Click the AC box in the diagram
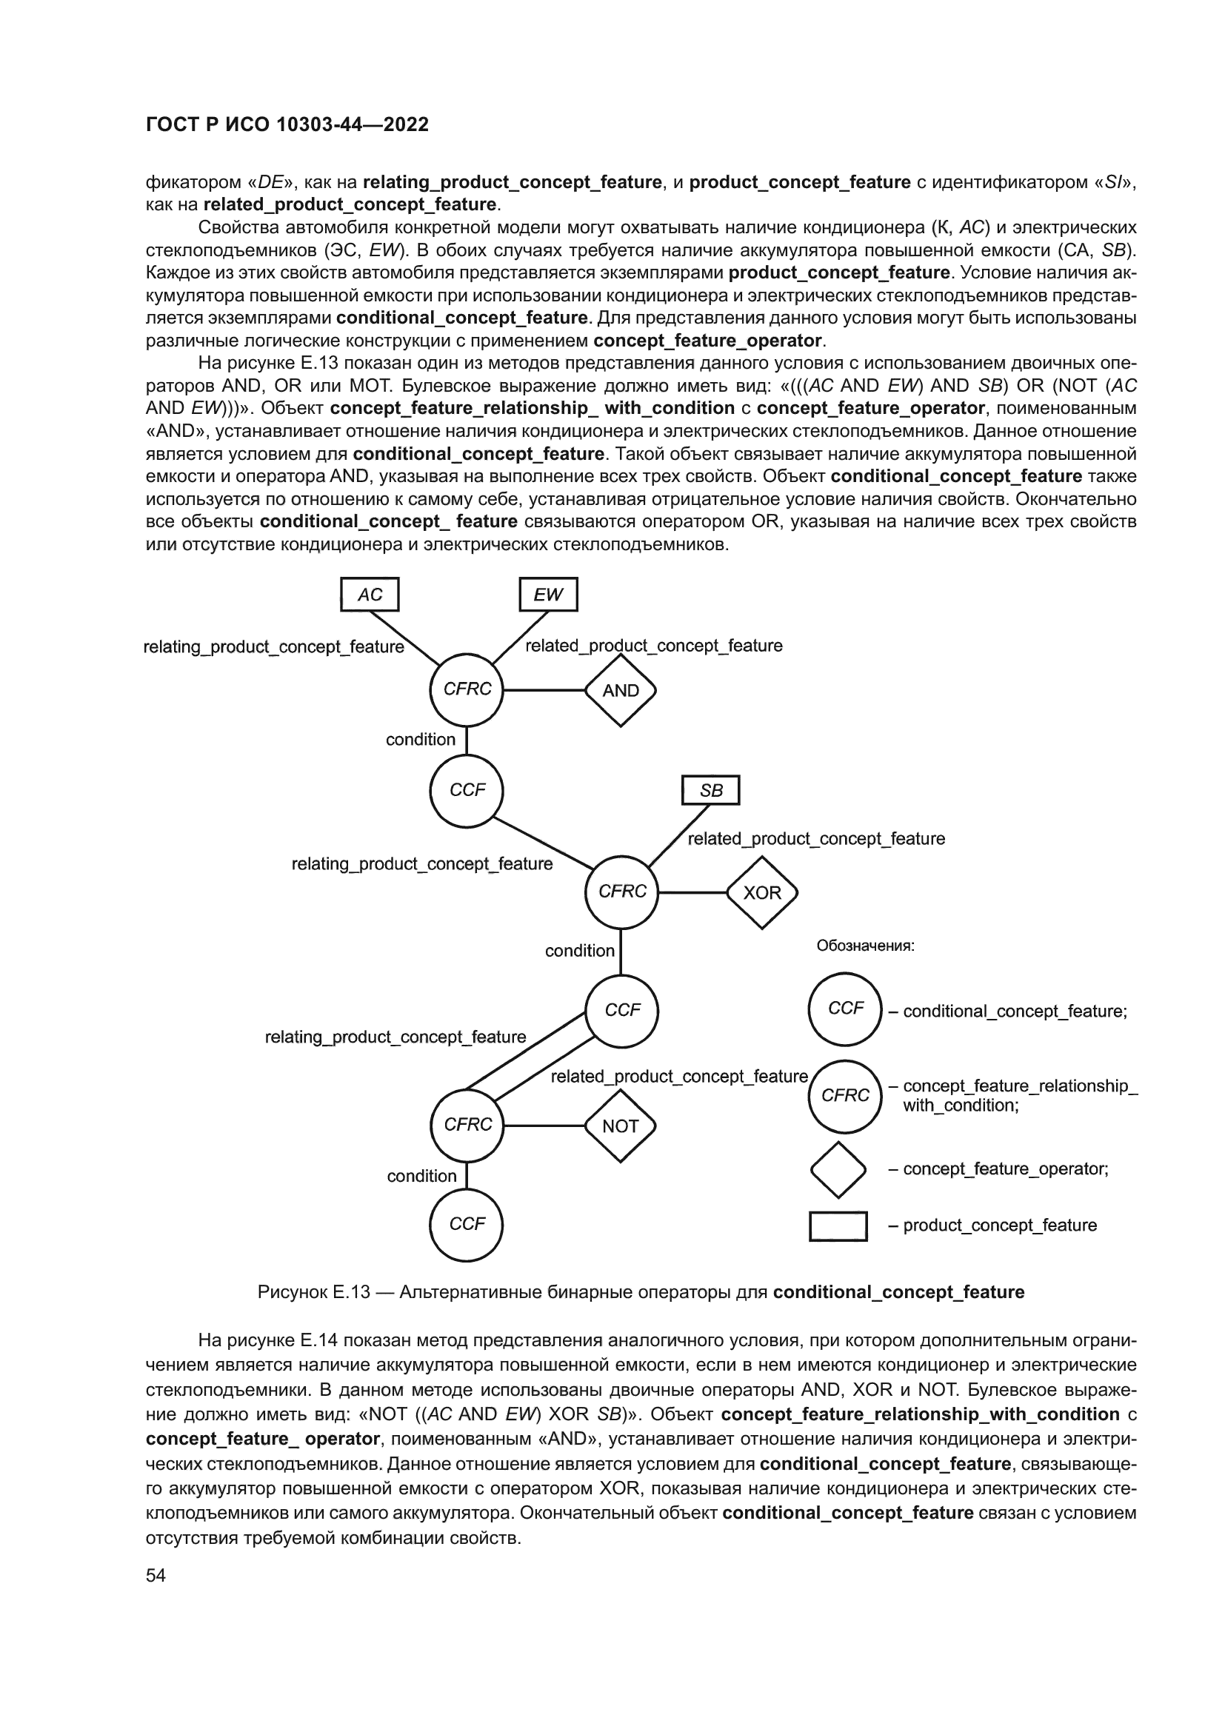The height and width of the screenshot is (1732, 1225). (370, 595)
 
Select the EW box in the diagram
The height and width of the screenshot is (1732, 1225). (548, 595)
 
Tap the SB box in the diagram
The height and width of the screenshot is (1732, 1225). (710, 791)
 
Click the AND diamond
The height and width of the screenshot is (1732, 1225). (620, 690)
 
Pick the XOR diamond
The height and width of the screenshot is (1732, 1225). (762, 892)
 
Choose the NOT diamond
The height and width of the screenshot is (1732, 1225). (620, 1126)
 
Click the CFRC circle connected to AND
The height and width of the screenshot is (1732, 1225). (467, 689)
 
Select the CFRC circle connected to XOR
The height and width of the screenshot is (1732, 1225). (621, 892)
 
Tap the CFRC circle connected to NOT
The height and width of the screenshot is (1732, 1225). (467, 1125)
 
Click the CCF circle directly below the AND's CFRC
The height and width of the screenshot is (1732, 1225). (467, 791)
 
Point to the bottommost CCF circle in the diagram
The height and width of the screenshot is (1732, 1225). (466, 1224)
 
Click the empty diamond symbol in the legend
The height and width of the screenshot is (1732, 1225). (838, 1170)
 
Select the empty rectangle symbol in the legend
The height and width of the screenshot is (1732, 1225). (838, 1226)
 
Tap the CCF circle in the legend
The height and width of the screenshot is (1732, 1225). (845, 1009)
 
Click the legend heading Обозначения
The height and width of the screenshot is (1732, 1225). (865, 946)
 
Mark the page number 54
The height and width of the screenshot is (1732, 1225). (156, 1576)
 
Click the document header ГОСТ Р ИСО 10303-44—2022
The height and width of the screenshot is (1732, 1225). (287, 124)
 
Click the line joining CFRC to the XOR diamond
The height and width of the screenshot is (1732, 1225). (692, 892)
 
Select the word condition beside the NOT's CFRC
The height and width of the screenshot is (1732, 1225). (421, 1176)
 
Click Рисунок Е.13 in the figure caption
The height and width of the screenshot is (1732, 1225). (314, 1292)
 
